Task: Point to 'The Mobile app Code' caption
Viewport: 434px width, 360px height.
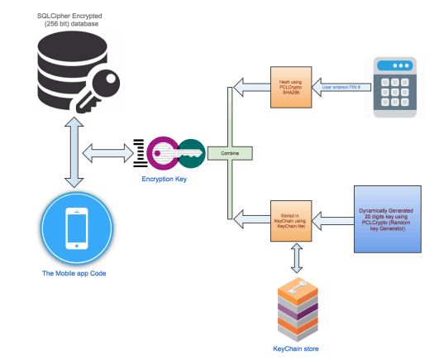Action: [76, 274]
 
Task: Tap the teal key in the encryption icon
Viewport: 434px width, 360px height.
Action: [188, 153]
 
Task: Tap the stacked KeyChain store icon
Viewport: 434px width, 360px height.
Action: [296, 311]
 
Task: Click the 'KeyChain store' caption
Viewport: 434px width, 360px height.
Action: [295, 348]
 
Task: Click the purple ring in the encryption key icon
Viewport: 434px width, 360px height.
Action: [157, 155]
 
